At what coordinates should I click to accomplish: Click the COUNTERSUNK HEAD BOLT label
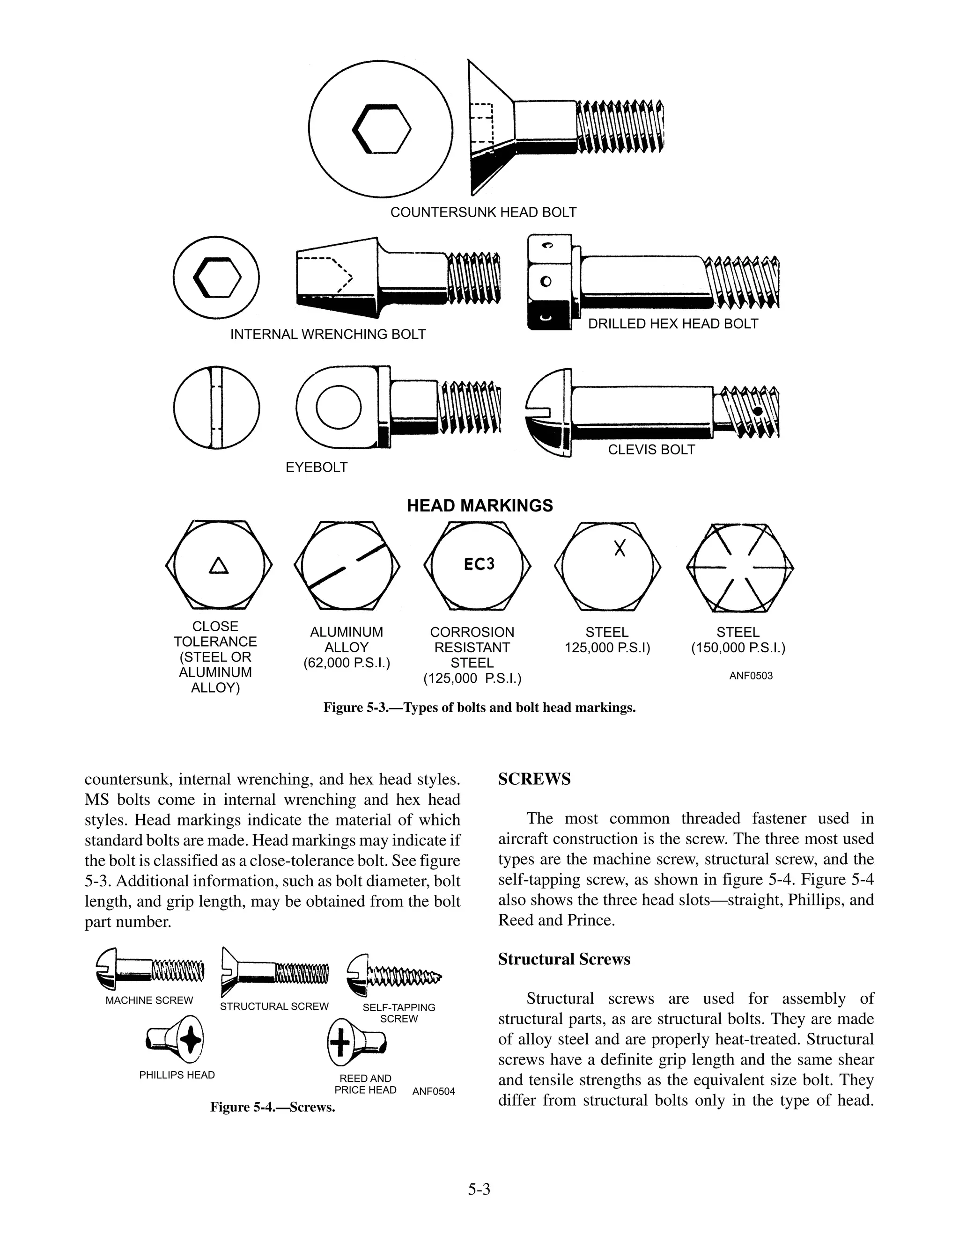(483, 212)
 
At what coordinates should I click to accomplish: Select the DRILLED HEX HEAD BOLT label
(673, 324)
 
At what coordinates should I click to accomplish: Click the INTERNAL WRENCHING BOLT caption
(328, 335)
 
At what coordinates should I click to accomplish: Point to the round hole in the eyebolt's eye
(339, 408)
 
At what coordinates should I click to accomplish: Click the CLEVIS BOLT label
(651, 450)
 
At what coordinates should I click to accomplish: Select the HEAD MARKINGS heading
(479, 505)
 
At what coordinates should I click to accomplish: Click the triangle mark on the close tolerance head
(219, 566)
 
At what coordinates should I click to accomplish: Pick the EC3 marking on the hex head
(479, 564)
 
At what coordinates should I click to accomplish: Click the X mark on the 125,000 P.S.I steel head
(620, 548)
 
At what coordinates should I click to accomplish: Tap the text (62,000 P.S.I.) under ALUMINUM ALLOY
(347, 663)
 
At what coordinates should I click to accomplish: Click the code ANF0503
(751, 676)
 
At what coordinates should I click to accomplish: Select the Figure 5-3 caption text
(479, 708)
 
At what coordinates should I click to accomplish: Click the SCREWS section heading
(534, 779)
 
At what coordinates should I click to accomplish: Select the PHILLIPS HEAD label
(177, 1075)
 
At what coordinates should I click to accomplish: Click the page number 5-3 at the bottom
(479, 1189)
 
